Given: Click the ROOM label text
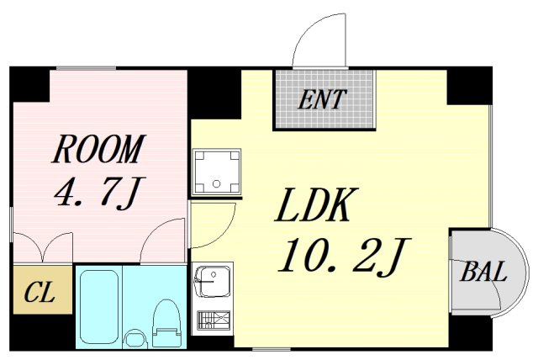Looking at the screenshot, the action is pos(99,149).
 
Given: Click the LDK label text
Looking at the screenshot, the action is pos(317,205).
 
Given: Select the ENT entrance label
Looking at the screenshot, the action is pos(322,99).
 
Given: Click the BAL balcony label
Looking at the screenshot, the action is pos(483,272).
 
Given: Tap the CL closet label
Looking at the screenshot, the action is pos(40,292).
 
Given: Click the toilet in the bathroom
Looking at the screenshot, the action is pos(166,325).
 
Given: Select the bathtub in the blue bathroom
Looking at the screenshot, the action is pos(99,306).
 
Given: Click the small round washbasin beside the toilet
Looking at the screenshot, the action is pos(135,339).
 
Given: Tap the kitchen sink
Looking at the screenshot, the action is pos(213,282).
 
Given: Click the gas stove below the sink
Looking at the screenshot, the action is pos(213,320).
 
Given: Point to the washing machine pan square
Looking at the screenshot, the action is pos(216,172).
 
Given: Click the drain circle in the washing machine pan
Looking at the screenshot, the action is pos(216,183).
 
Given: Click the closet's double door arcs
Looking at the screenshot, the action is pos(43,246).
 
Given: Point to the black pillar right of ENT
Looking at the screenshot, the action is pos(469,86).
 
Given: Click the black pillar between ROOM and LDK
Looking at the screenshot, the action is pos(214,93).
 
